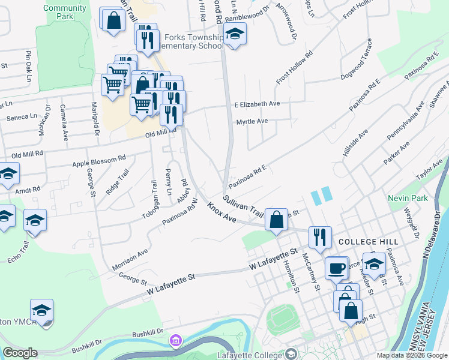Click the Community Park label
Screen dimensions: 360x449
pos(65,12)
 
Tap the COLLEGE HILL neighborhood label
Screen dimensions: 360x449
pos(368,241)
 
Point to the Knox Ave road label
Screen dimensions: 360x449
pos(221,212)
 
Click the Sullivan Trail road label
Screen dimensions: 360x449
pos(244,205)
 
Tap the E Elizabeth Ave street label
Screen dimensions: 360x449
pos(257,104)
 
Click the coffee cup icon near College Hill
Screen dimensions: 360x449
pos(337,267)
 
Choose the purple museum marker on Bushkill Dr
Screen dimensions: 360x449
pos(175,341)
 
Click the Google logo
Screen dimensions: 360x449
pos(20,353)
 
